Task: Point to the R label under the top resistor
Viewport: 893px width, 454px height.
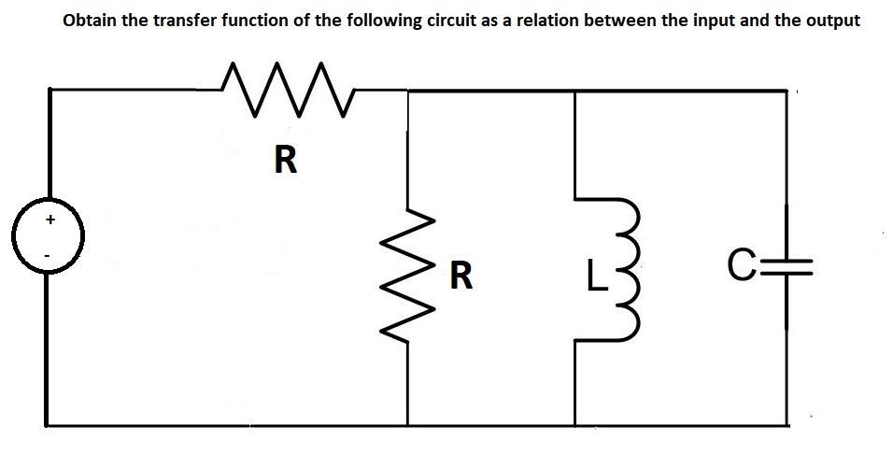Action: coord(286,161)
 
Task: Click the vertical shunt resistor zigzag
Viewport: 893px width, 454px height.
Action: coord(408,276)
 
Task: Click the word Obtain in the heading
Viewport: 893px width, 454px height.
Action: coord(90,20)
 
